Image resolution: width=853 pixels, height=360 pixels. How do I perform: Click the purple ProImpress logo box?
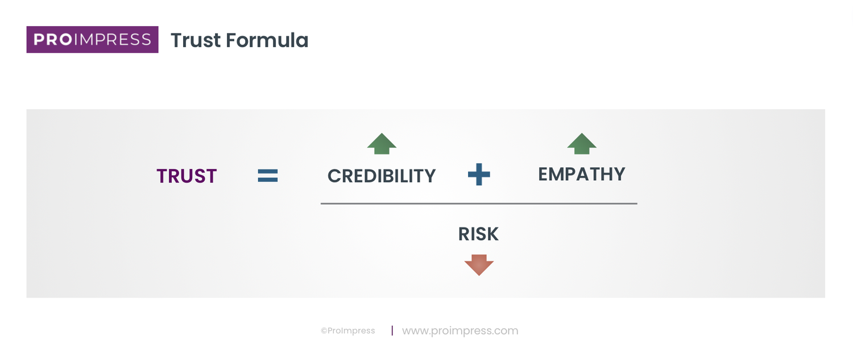pos(92,39)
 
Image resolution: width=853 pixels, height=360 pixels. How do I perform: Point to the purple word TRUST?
pos(187,176)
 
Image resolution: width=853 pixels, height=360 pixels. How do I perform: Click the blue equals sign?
pos(267,176)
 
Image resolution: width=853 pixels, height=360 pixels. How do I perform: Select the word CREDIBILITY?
pos(382,176)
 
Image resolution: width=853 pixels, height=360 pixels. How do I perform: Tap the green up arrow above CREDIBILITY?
pos(382,144)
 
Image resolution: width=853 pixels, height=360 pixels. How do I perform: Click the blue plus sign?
pos(479,175)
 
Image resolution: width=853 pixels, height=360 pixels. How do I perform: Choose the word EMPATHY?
pos(582,174)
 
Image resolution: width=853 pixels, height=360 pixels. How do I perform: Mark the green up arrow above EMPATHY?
pos(582,144)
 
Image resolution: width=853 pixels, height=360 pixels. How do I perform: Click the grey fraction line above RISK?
pos(479,203)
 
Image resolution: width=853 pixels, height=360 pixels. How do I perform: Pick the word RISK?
pos(478,234)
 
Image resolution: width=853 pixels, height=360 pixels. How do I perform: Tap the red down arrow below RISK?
pos(479,265)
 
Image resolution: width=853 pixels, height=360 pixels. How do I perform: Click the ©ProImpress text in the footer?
pos(348,331)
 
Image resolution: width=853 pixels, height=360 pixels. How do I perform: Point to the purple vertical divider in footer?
pos(392,330)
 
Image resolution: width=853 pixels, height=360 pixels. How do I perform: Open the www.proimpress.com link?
pos(460,330)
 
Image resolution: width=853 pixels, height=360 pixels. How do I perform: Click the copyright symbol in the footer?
pos(324,331)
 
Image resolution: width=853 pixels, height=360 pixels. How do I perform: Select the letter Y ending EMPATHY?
pos(618,174)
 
